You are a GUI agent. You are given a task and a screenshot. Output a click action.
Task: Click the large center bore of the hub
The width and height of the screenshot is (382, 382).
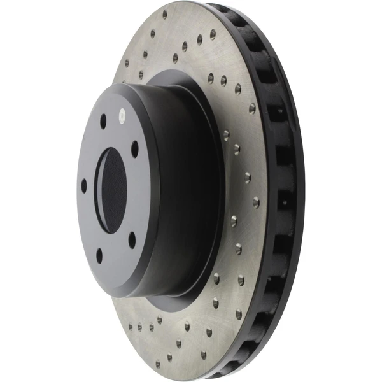point(110,190)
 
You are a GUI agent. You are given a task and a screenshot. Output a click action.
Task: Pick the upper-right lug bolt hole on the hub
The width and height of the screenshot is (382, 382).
point(134,148)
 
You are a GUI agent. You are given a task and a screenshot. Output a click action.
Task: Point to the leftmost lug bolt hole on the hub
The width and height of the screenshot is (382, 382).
point(83,186)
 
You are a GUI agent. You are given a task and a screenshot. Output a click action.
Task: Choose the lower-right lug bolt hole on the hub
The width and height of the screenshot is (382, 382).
point(132,239)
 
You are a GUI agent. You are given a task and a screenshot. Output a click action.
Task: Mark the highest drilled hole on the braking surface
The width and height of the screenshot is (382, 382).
point(165,13)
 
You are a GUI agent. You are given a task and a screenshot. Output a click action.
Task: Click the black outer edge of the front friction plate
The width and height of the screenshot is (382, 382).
point(271,191)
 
